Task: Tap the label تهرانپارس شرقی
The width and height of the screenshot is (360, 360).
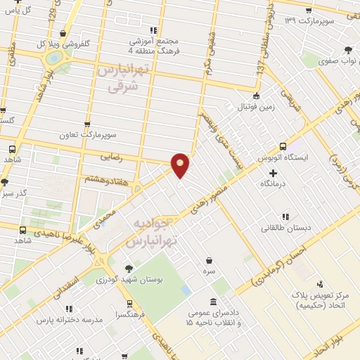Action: pos(123,79)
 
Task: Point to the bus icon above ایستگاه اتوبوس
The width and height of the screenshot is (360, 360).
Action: pos(283,147)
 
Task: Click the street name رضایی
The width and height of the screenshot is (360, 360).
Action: pos(112,157)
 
